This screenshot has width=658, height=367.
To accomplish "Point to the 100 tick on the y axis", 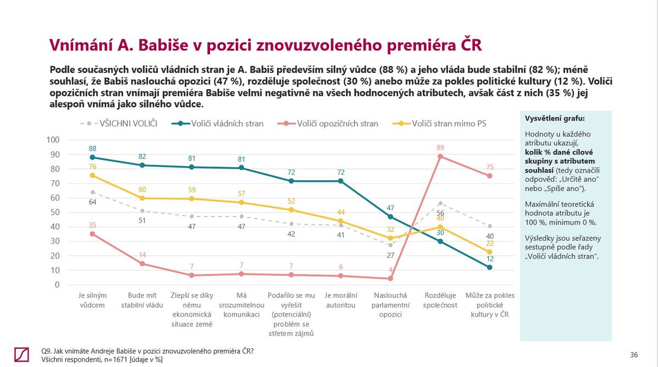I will coord(53,140).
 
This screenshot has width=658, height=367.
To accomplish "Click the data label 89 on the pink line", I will coord(440,147).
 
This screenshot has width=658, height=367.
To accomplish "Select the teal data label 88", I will coord(93,148).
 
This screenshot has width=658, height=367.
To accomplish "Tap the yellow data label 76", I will coord(93,167).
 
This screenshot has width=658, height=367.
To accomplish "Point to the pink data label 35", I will coord(93,225).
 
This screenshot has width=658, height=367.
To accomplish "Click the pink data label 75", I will coord(489,167).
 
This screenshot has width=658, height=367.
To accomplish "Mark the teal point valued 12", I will coord(489,267).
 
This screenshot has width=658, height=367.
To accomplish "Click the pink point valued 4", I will coord(390,278).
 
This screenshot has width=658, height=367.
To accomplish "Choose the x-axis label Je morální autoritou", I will coord(341,300).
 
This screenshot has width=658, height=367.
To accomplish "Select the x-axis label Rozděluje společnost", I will coord(440,300).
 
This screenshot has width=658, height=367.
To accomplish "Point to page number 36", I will coord(634,355).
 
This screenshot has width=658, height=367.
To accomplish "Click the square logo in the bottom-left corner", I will coord(22,354).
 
